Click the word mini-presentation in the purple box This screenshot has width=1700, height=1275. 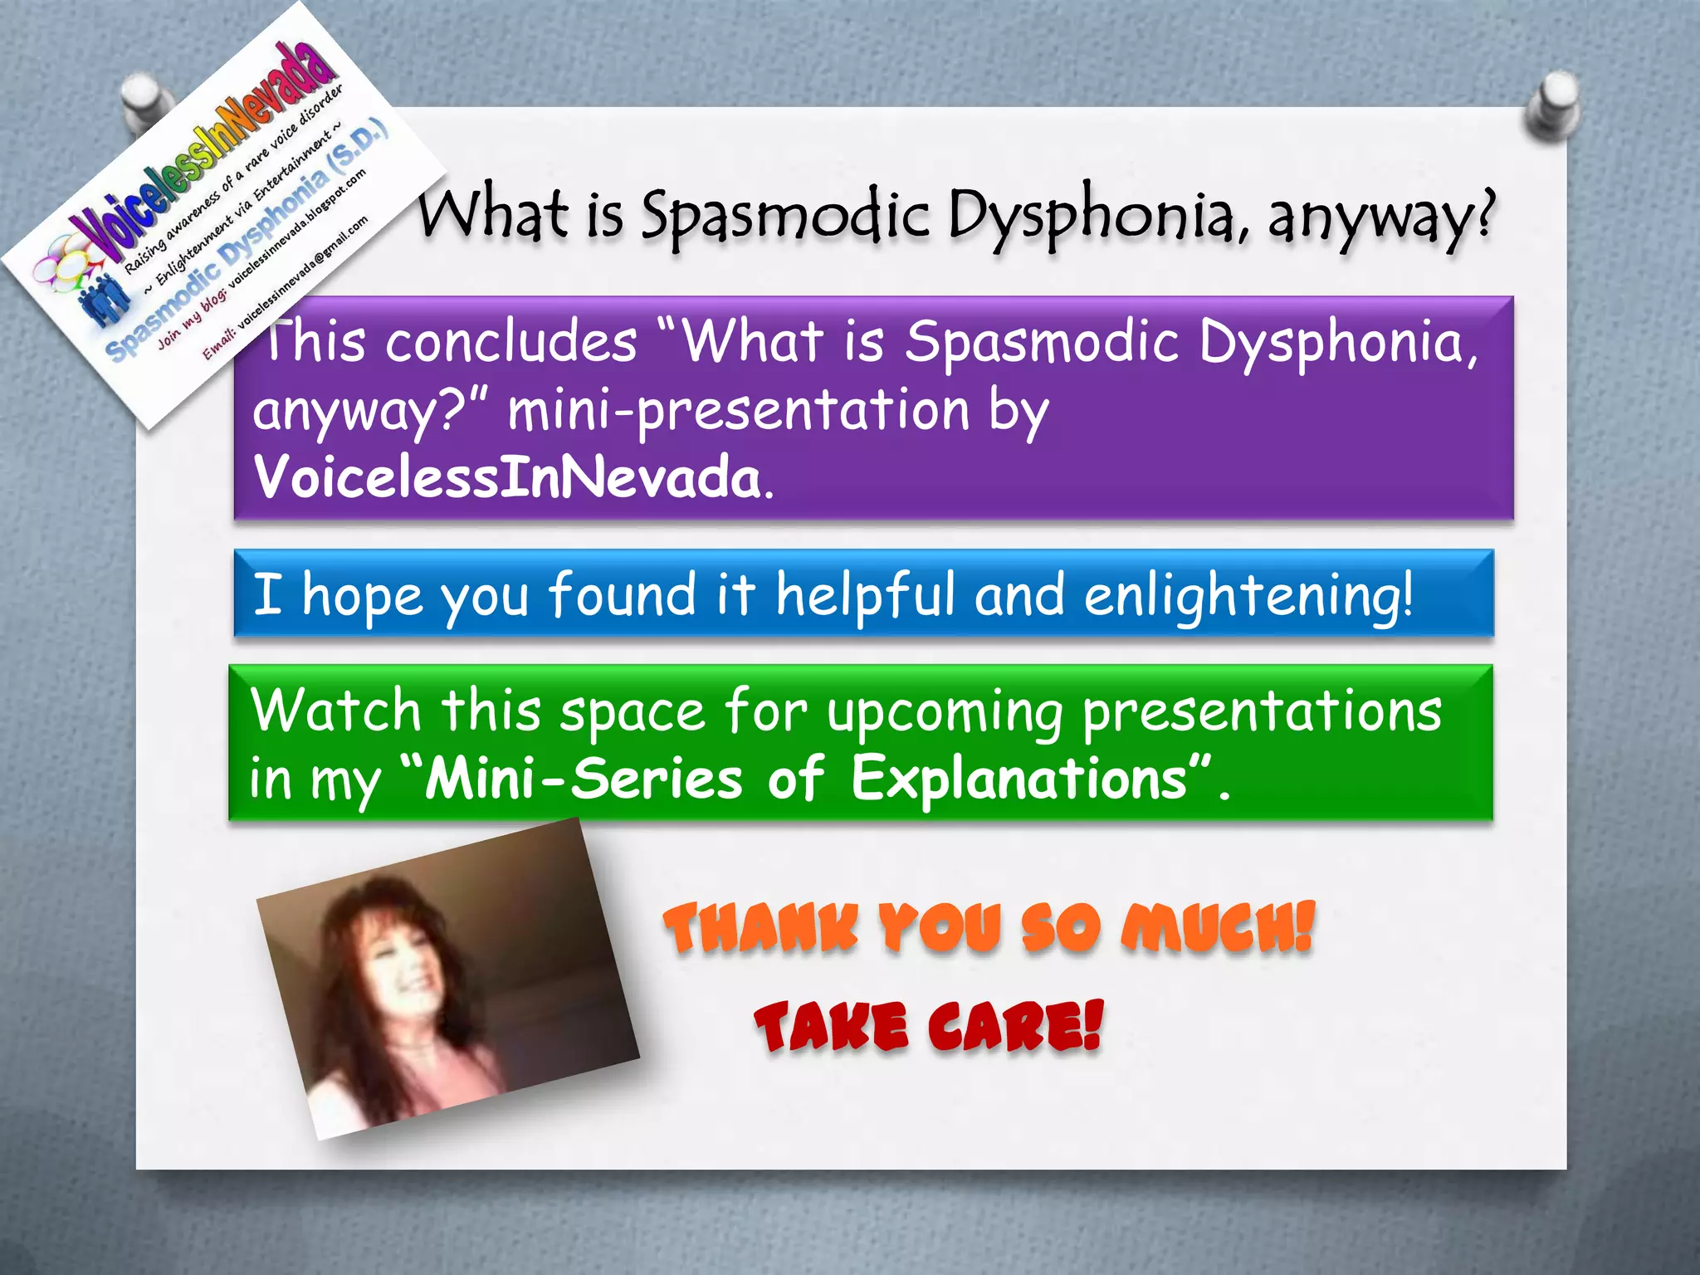(738, 410)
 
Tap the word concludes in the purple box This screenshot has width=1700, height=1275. (511, 342)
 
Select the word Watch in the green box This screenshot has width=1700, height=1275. (336, 711)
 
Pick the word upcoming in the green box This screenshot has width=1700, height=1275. (945, 712)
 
